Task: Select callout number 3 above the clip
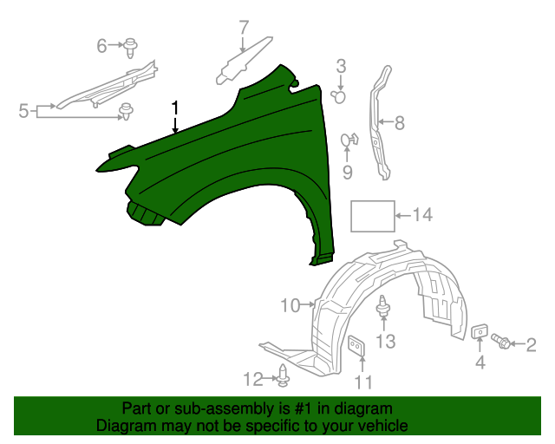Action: (341, 66)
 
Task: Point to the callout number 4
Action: (480, 363)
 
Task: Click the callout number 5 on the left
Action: (23, 110)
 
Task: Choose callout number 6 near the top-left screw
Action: (101, 44)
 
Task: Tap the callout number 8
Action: (399, 123)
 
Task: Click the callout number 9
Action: (348, 173)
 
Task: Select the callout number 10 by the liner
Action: (290, 305)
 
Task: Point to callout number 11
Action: (364, 382)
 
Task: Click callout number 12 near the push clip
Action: (252, 378)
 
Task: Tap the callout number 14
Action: (421, 215)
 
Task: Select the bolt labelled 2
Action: (500, 341)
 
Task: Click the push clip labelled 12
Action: (284, 376)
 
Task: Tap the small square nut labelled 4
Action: (478, 331)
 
